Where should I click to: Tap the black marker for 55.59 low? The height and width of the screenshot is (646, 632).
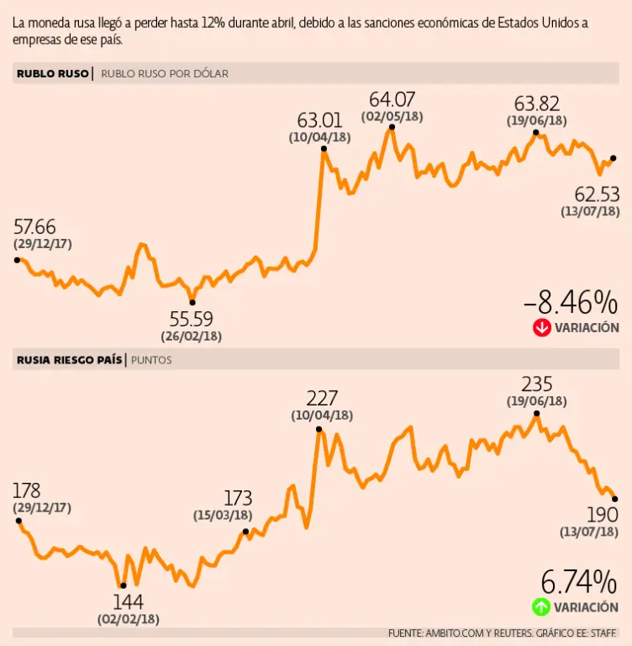coord(192,302)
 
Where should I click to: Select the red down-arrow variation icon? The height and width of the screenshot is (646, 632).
coord(541,328)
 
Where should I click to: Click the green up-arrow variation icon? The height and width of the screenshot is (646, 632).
coord(541,606)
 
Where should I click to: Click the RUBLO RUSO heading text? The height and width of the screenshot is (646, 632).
coord(52,73)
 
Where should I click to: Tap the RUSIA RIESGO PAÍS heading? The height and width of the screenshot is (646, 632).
coord(68,360)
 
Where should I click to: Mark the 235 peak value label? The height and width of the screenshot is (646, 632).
coord(536,384)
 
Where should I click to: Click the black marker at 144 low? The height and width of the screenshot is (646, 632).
coord(123,585)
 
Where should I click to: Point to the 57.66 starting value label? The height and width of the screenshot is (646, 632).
coord(35,226)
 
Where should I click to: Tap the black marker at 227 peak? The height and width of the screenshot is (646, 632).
coord(319,430)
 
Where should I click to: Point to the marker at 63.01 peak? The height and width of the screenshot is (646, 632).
coord(323,149)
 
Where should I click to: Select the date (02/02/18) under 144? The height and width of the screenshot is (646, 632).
coord(128,619)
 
